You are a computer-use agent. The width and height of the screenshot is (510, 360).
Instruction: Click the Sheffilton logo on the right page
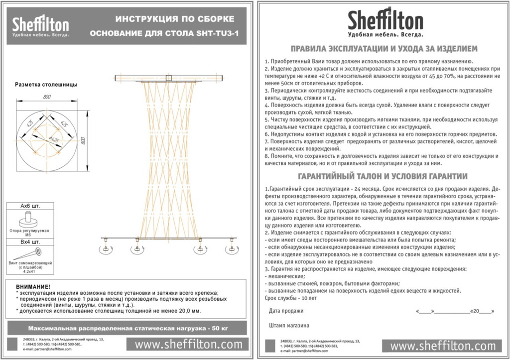pyautogui.click(x=385, y=23)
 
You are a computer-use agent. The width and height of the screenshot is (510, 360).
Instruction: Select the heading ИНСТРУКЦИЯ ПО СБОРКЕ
pyautogui.click(x=175, y=19)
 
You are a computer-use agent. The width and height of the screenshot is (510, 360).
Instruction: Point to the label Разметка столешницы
pyautogui.click(x=46, y=85)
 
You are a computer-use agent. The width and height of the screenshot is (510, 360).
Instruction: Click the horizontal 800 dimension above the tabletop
pyautogui.click(x=47, y=97)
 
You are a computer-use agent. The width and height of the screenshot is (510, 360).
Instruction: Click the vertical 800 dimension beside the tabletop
pyautogui.click(x=83, y=140)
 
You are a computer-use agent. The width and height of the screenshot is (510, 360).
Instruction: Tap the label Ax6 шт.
pyautogui.click(x=29, y=206)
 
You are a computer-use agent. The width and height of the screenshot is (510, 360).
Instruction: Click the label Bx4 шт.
pyautogui.click(x=29, y=242)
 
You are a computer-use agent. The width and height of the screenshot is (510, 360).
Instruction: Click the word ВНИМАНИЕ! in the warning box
pyautogui.click(x=33, y=287)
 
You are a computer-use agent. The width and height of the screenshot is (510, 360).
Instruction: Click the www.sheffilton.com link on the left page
pyautogui.click(x=188, y=344)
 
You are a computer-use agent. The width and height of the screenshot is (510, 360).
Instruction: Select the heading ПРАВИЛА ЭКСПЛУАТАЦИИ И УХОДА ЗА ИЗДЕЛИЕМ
pyautogui.click(x=384, y=49)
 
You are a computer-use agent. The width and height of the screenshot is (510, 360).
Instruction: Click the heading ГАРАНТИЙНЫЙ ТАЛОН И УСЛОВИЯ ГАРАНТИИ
pyautogui.click(x=382, y=176)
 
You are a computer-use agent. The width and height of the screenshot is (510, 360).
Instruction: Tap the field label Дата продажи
pyautogui.click(x=286, y=311)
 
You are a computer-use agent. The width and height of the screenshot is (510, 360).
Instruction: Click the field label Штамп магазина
pyautogui.click(x=289, y=325)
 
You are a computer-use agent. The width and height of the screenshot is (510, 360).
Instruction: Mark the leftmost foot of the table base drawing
pyautogui.click(x=106, y=247)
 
